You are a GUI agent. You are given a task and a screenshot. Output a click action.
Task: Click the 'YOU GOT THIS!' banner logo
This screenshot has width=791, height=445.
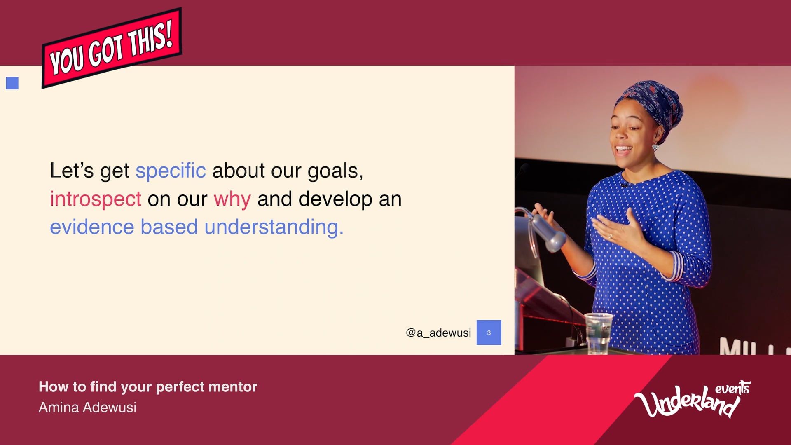coord(111,48)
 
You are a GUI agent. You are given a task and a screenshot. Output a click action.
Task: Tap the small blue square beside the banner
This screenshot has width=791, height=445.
coord(12,83)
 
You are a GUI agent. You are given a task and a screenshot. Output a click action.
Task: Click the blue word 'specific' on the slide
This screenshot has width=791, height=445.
coord(171,171)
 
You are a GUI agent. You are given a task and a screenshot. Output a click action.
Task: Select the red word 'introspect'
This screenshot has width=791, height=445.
coord(96,199)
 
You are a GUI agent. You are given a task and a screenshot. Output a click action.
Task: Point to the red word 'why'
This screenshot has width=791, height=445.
coord(232,199)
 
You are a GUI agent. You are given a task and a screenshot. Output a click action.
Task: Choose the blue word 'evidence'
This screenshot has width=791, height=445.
coord(92,227)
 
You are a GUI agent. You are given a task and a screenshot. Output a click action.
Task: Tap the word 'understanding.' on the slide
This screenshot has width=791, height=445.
coord(274,227)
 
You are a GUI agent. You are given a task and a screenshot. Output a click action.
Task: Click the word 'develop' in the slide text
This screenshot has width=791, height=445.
coord(335,199)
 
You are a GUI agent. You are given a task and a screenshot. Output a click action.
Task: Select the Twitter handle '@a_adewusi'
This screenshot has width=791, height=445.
coord(438,333)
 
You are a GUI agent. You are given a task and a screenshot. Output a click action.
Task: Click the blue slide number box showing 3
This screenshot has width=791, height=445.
coord(489,333)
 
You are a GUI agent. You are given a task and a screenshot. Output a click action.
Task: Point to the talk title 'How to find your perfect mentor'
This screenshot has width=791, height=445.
coord(148,387)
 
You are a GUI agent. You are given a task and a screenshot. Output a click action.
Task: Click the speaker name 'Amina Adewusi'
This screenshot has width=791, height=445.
coord(87,407)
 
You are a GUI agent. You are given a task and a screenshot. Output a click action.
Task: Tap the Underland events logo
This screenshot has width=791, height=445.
coord(692,399)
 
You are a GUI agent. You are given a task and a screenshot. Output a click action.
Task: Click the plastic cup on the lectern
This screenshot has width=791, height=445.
coord(599,333)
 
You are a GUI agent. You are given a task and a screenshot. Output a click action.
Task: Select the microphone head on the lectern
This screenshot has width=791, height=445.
coord(548,233)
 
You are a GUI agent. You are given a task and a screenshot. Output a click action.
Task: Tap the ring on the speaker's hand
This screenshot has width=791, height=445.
coord(610,237)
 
